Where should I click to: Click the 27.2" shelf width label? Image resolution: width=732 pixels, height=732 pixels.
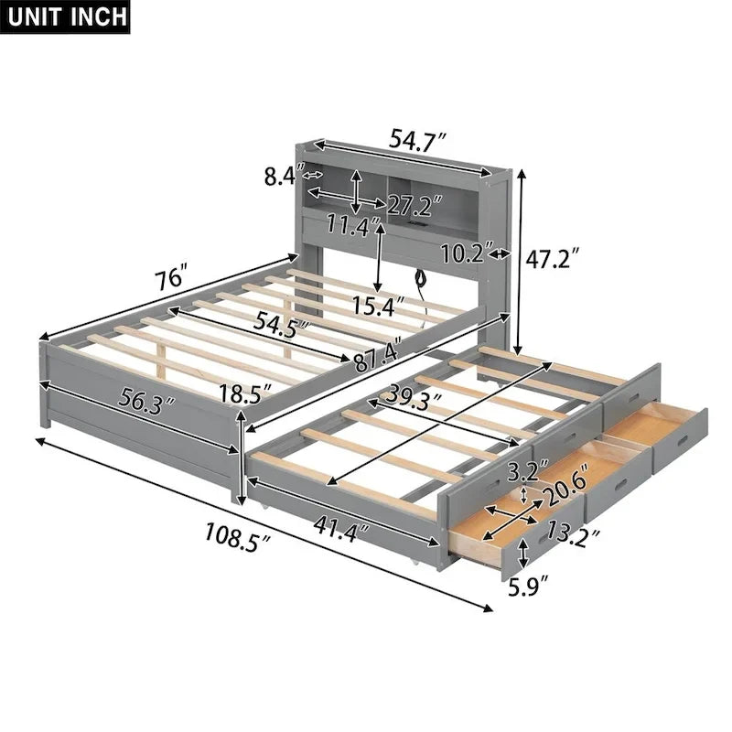click(414, 203)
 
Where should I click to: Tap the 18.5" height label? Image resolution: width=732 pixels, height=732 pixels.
click(244, 394)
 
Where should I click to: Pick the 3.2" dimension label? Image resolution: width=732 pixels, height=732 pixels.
click(522, 473)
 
